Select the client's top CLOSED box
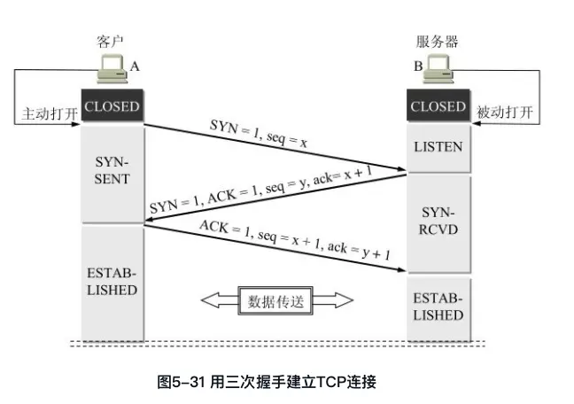coord(112,106)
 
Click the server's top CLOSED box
coord(438,106)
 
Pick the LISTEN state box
coord(438,146)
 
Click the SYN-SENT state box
coord(112,172)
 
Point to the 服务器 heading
coord(438,42)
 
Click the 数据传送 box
coord(274,301)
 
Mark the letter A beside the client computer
coord(135,66)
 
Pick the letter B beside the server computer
coord(417,66)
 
